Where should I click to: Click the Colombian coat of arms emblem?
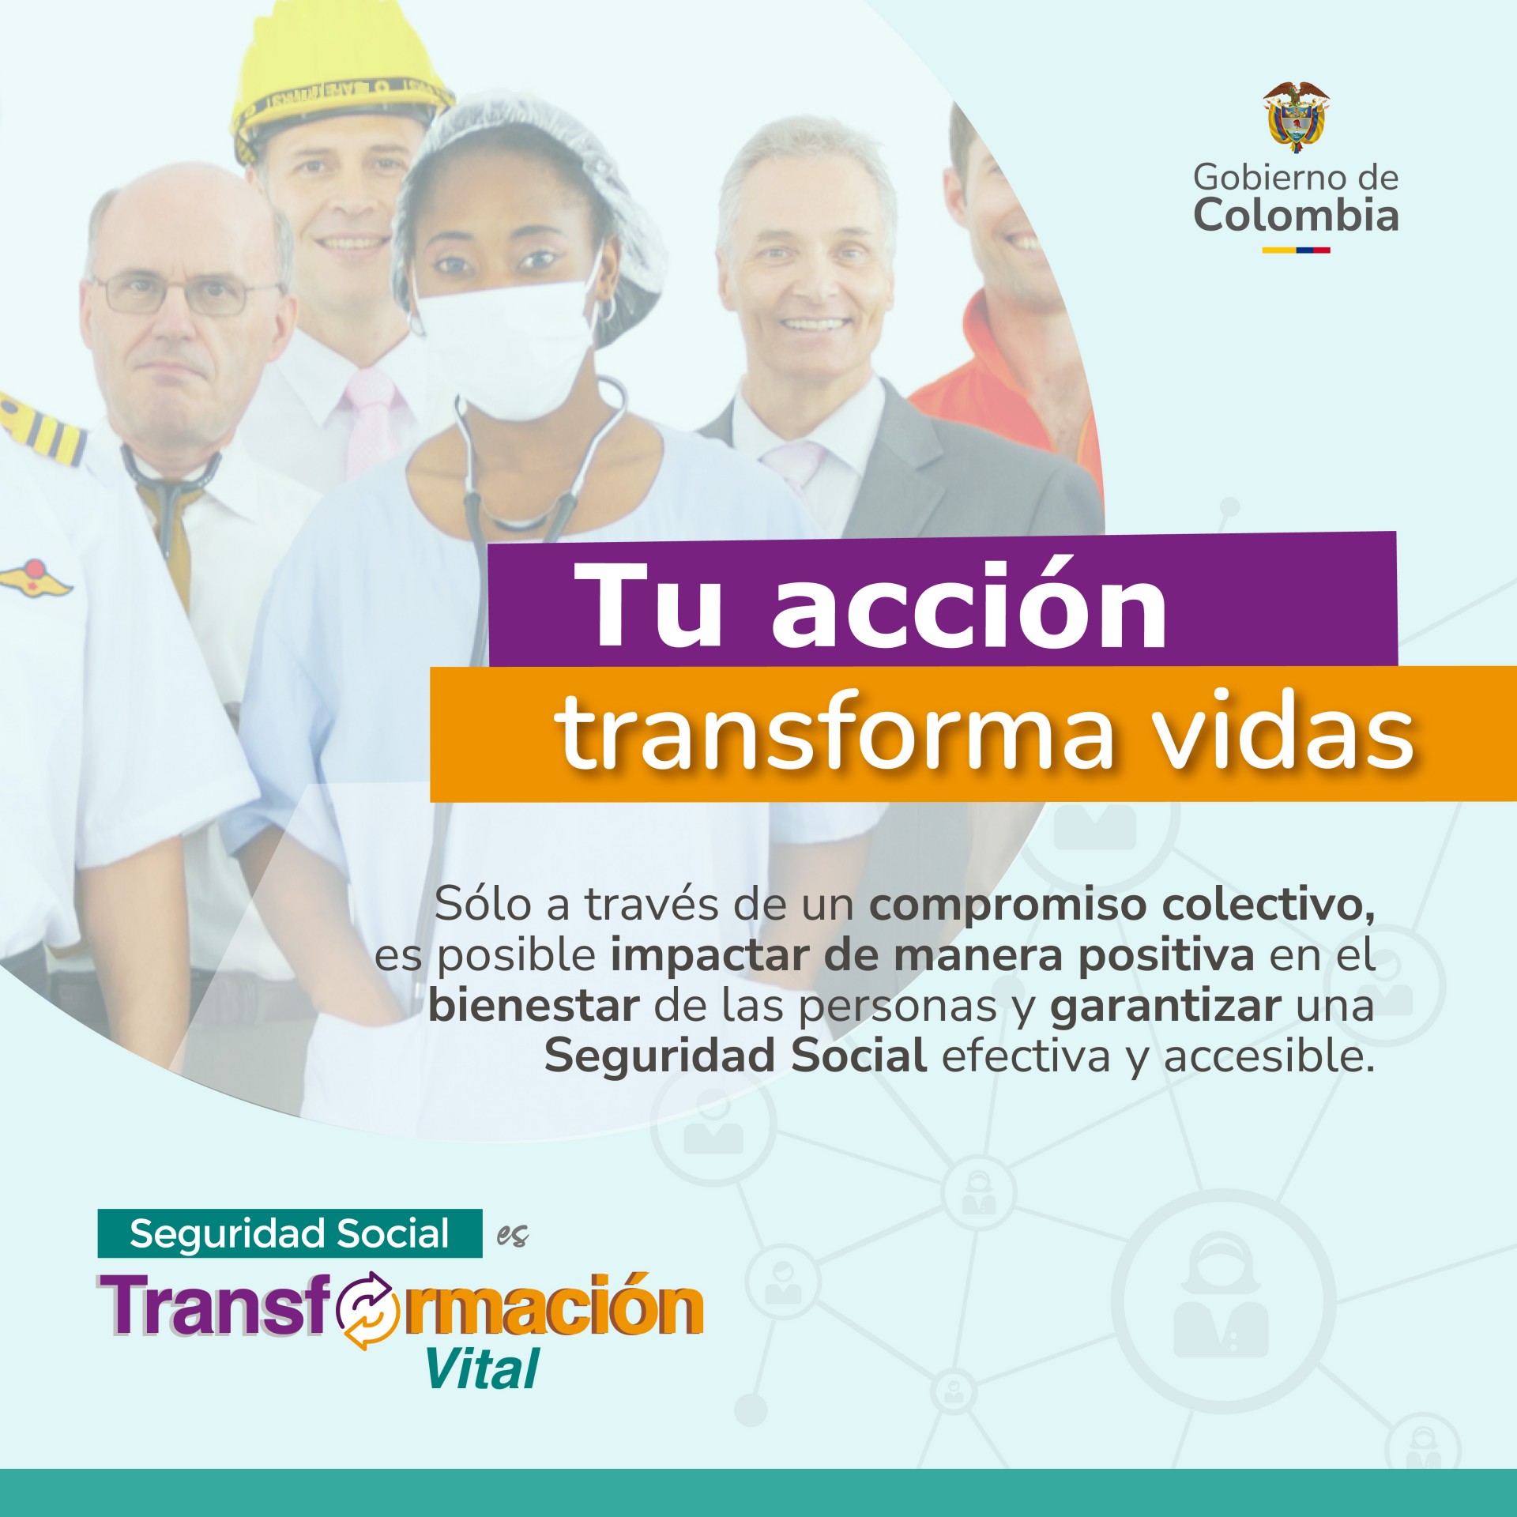coord(1296,116)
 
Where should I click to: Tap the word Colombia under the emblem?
coord(1296,215)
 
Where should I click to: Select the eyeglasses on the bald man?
coord(186,294)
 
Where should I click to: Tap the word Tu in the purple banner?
coord(648,605)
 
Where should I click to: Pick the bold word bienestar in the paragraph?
coord(534,1006)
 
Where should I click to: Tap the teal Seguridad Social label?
coord(289,1233)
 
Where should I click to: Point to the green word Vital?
coord(483,1369)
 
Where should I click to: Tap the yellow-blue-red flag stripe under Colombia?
coord(1296,250)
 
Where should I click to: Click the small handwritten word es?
coord(513,1236)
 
